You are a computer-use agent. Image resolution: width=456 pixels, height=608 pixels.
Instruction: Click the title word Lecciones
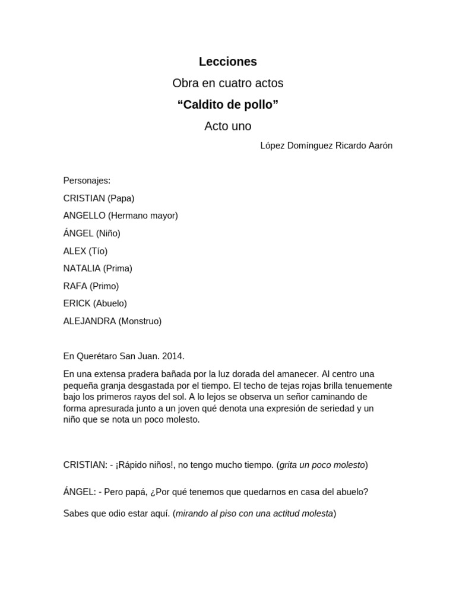click(228, 62)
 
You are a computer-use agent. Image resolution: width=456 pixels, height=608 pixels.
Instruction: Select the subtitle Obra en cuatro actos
click(228, 83)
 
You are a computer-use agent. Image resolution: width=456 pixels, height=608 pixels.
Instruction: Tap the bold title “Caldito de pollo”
click(228, 105)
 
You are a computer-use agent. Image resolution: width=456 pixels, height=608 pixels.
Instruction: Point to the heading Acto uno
click(228, 126)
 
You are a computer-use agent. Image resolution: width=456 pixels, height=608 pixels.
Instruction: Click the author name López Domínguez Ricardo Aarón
click(326, 146)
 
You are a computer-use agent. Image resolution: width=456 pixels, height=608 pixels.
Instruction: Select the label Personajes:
click(87, 180)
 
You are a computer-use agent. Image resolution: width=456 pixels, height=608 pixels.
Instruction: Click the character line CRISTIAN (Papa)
click(99, 198)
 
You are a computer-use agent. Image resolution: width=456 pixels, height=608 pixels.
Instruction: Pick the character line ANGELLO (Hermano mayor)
click(121, 216)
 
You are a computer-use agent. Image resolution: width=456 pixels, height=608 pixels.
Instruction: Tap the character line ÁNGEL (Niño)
click(91, 233)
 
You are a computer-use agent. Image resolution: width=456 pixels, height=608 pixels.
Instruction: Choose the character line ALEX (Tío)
click(85, 251)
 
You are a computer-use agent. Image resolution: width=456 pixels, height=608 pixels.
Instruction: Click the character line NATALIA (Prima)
click(97, 268)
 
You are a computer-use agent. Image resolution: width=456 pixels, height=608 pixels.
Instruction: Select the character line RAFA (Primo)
click(91, 286)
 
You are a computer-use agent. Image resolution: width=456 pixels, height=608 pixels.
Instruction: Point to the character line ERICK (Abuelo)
click(95, 303)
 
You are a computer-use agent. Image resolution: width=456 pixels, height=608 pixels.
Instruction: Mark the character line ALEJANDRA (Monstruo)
click(112, 321)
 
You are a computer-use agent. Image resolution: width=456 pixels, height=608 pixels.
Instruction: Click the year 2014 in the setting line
click(173, 356)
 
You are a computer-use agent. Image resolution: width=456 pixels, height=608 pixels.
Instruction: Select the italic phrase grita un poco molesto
click(322, 465)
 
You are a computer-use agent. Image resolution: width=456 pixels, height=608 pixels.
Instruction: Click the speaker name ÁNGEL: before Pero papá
click(80, 492)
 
